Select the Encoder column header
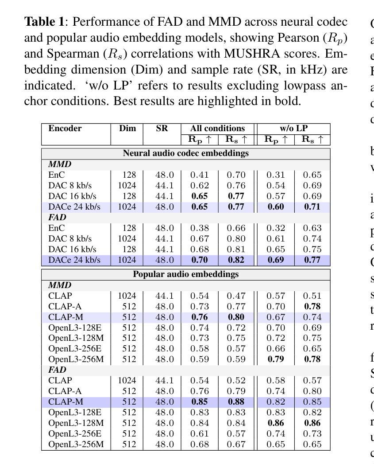click(x=65, y=129)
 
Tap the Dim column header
click(x=127, y=129)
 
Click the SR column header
click(x=162, y=129)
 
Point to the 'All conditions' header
click(x=217, y=129)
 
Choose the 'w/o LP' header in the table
click(x=293, y=129)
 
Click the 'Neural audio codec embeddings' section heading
click(x=185, y=153)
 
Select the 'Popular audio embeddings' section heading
click(x=185, y=274)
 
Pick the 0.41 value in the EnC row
click(x=200, y=175)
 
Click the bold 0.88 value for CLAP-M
click(x=236, y=402)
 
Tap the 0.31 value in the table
click(x=275, y=175)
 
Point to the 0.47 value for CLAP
click(x=236, y=296)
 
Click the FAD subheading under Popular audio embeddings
click(x=57, y=370)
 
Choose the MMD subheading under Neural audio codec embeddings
click(x=59, y=164)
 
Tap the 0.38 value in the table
click(x=200, y=228)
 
